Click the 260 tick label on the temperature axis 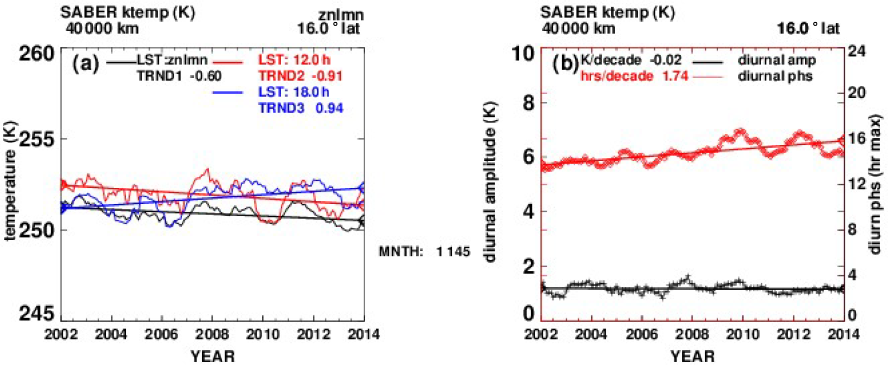[36, 54]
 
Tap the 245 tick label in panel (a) [36, 314]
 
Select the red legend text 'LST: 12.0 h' [294, 60]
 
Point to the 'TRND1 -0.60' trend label [179, 76]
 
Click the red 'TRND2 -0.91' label [301, 76]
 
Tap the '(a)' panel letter [86, 64]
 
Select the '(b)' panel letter [565, 64]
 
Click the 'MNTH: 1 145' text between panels [424, 252]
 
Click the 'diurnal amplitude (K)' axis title [490, 182]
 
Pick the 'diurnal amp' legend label [777, 60]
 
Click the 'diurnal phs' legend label [775, 76]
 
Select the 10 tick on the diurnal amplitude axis [523, 54]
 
